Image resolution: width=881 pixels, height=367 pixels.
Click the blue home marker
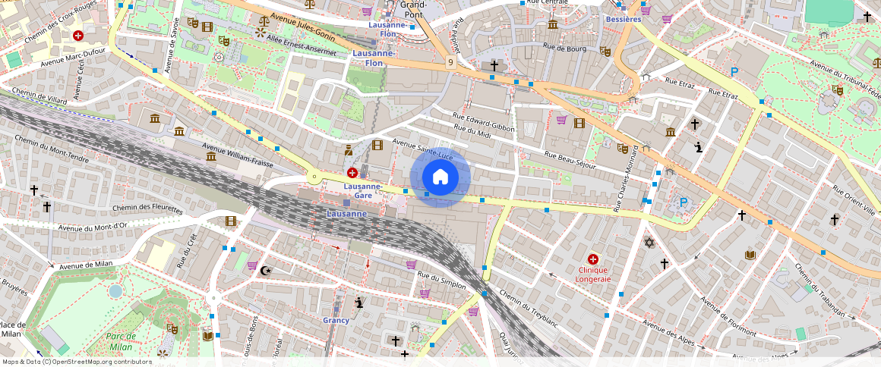[440, 177]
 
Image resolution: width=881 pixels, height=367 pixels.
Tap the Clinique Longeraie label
[594, 274]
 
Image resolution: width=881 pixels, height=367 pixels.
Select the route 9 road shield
[451, 62]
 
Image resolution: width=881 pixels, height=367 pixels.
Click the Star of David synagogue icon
[649, 242]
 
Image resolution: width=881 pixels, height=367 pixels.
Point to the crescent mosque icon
[265, 270]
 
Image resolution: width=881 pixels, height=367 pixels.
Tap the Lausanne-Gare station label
[362, 190]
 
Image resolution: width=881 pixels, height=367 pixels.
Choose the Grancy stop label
[336, 320]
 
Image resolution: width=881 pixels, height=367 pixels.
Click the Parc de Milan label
[121, 340]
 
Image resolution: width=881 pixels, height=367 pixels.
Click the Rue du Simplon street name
[441, 280]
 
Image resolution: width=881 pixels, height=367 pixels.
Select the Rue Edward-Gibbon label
[483, 122]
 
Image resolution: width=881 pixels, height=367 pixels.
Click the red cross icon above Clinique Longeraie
[593, 259]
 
